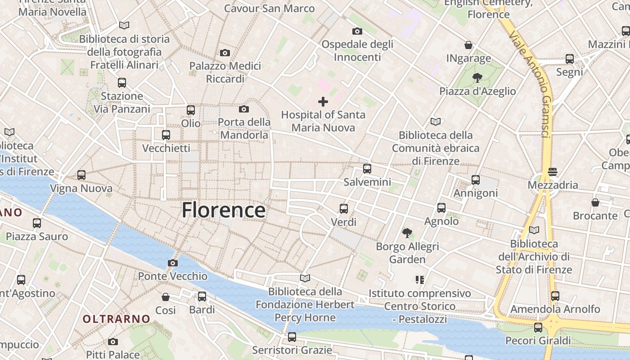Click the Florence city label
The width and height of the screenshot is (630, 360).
coord(224,210)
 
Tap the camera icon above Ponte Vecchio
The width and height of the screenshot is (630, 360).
coord(172,263)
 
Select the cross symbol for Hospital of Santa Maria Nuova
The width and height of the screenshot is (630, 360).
coord(323,102)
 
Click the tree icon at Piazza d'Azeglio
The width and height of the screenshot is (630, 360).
coord(477,78)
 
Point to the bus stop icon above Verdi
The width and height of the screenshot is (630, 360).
coord(344,208)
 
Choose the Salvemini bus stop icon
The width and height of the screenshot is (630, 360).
coord(367,169)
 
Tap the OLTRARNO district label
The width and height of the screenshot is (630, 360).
coord(117,319)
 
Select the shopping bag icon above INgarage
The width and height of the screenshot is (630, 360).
coord(468,45)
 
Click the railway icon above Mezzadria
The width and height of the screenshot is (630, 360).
coord(553,171)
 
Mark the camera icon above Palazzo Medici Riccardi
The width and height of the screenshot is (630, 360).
coord(225,53)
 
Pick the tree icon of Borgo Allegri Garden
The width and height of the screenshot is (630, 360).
coord(407,233)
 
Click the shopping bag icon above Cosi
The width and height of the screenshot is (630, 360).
coord(166,297)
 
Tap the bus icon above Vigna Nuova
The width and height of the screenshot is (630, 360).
coord(81,175)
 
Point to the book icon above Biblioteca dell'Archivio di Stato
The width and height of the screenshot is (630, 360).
coord(534,230)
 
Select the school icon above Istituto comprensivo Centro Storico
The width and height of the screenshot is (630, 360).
coord(420,280)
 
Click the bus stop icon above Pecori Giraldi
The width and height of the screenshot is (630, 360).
coord(538,327)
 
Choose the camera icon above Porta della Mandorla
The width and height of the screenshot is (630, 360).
coord(244,109)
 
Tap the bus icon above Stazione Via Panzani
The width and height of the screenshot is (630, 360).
coord(122,83)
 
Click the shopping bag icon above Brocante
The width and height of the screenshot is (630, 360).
coord(595,202)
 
